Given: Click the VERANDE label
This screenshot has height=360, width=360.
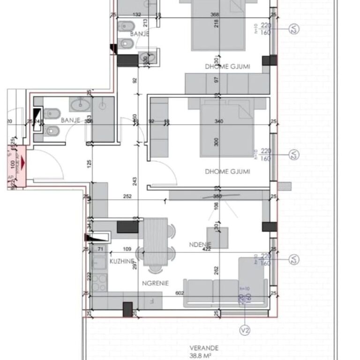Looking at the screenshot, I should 203,348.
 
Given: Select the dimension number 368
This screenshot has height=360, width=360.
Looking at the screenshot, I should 215,15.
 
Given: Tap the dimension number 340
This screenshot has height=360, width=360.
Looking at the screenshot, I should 219,121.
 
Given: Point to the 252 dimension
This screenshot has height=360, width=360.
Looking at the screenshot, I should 127,197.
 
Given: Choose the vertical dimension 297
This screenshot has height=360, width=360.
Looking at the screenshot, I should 135,265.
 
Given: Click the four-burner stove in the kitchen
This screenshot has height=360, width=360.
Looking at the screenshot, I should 99,282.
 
